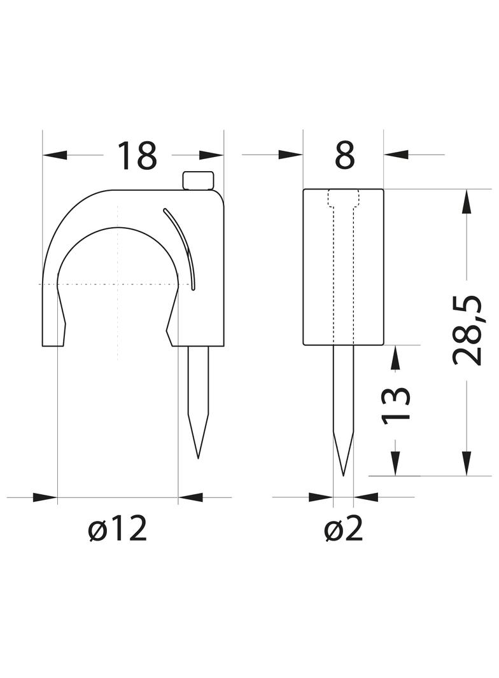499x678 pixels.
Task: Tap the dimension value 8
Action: coord(345,155)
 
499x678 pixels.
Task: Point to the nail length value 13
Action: coord(395,404)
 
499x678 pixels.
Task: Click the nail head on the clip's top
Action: coord(198,181)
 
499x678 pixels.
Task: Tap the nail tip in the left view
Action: coord(198,458)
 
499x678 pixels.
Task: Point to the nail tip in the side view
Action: coord(343,475)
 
